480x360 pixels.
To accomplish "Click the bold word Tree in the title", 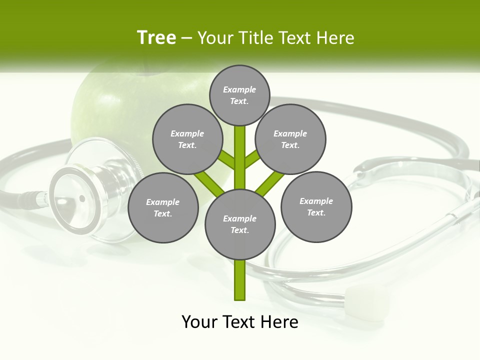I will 156,37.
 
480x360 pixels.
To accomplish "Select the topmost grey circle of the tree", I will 240,95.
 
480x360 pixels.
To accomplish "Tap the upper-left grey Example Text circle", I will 187,139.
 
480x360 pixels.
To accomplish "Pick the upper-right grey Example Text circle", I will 290,139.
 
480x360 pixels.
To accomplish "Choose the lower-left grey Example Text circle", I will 163,207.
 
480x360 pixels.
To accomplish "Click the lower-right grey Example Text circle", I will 316,206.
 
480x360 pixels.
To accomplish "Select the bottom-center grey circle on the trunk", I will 240,224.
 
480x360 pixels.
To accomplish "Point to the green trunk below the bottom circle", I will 240,280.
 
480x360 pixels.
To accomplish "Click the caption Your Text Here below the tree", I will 240,322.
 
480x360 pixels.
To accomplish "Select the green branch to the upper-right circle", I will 252,159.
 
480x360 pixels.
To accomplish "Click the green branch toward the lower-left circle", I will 209,182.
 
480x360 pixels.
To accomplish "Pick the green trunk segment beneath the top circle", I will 240,150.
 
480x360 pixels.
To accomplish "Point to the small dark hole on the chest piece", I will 82,198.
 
